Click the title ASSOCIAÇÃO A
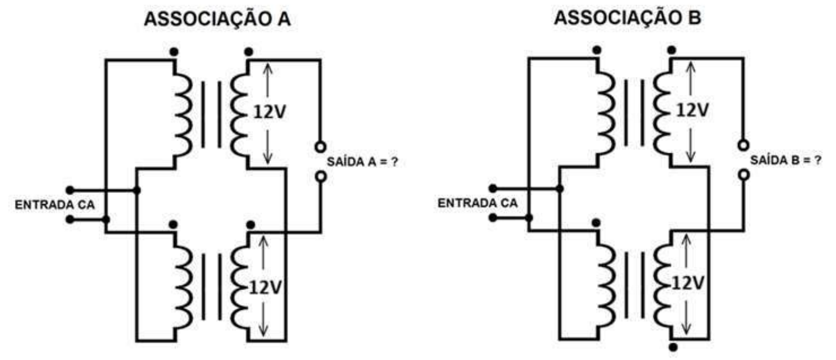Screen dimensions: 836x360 (x=217, y=19)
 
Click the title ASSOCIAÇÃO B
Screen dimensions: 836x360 (x=628, y=17)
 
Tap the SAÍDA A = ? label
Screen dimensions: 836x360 (x=362, y=162)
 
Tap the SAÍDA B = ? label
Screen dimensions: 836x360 (x=786, y=160)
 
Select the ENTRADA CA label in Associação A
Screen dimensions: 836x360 (x=54, y=205)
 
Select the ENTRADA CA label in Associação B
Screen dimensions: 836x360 (x=477, y=204)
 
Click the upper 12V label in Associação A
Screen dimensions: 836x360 (x=269, y=112)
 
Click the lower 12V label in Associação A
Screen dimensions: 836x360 (x=265, y=287)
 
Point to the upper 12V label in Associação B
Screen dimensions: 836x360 (x=693, y=110)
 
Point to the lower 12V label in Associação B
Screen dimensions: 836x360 (x=688, y=284)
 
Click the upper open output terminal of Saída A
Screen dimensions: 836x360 (x=320, y=147)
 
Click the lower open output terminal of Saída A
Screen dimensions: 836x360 (x=321, y=177)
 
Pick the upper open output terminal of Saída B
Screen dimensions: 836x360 (x=743, y=145)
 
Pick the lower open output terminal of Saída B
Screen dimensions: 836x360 (x=744, y=174)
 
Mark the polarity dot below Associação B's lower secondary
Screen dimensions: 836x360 (x=673, y=347)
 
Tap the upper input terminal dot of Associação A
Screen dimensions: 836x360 (x=70, y=190)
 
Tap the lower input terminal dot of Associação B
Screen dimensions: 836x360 (x=493, y=217)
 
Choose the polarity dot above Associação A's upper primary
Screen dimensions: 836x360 (x=174, y=52)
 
